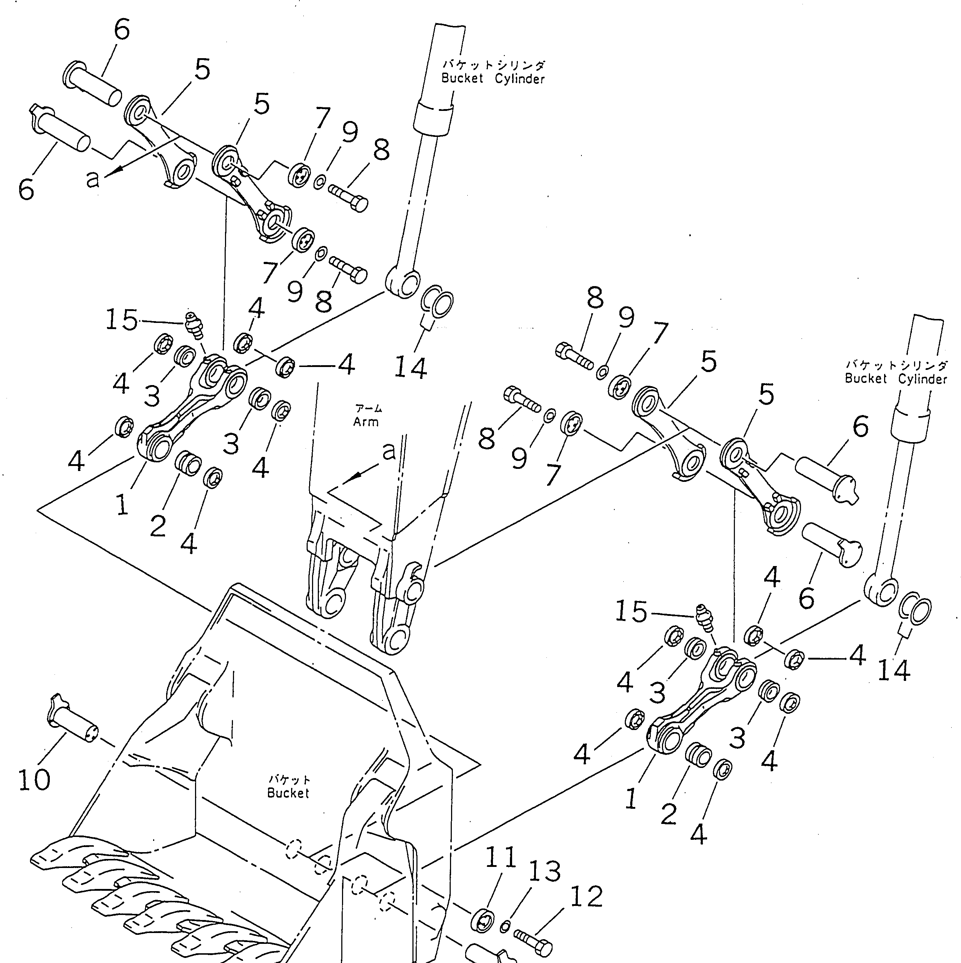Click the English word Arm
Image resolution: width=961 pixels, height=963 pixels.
click(x=366, y=422)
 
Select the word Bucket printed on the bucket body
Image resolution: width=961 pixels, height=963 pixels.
click(x=288, y=793)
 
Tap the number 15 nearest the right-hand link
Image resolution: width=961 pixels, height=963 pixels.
click(x=631, y=612)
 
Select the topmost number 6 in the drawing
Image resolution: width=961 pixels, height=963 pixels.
click(x=122, y=29)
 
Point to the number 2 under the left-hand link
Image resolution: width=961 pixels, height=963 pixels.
click(x=157, y=526)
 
